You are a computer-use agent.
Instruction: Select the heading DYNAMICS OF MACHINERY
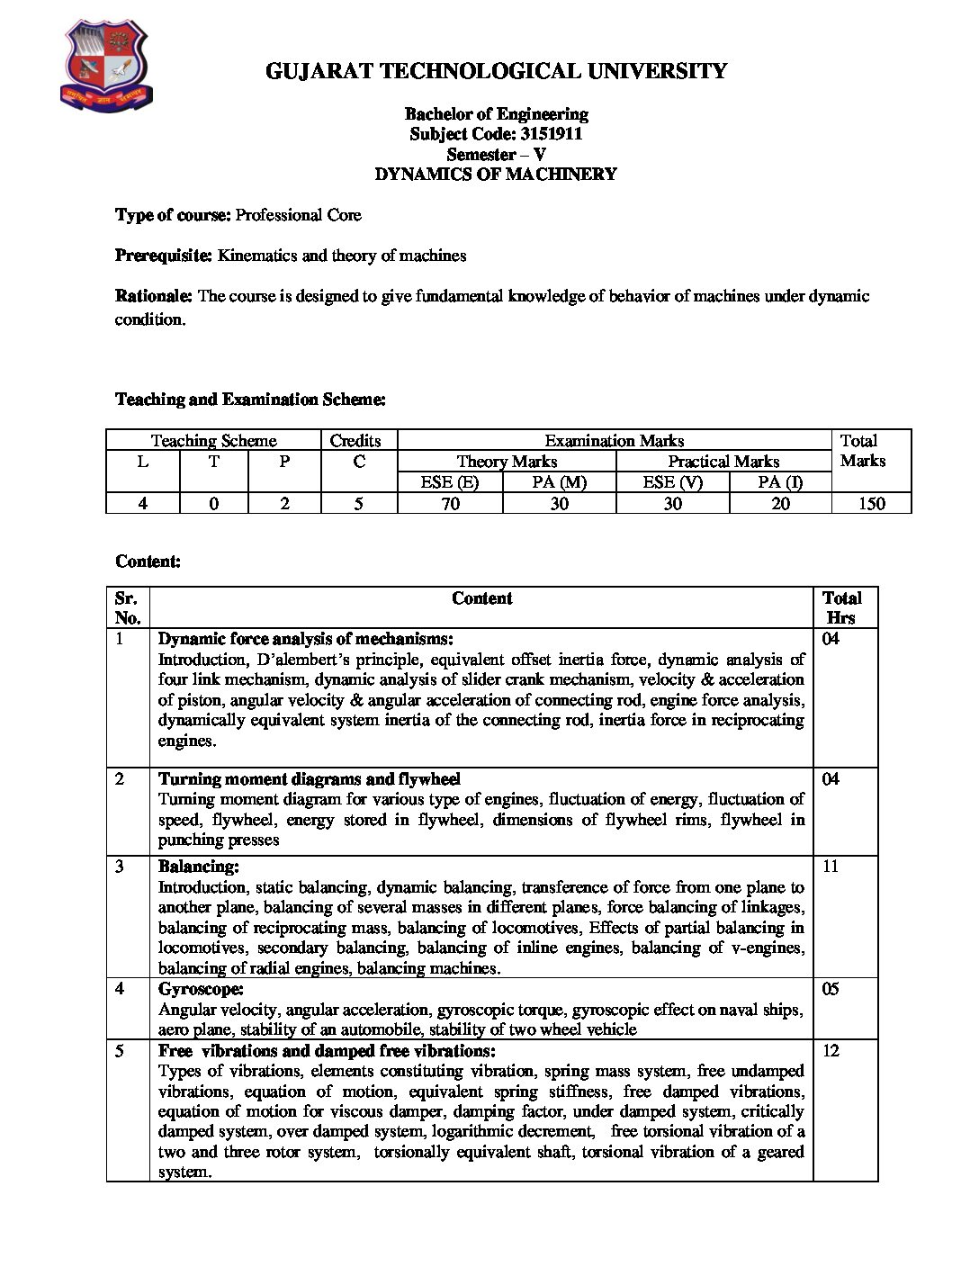pos(496,175)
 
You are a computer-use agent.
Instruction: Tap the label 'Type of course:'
pos(173,215)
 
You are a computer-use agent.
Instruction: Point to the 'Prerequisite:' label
pos(164,256)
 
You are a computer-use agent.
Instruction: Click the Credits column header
pos(355,441)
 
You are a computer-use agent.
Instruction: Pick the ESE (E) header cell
pos(450,482)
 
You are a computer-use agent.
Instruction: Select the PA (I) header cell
pos(780,482)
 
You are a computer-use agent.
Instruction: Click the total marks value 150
pos(871,504)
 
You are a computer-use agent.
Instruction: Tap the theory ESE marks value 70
pos(450,504)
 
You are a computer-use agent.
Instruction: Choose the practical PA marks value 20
pos(780,504)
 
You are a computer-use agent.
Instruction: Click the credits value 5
pos(358,504)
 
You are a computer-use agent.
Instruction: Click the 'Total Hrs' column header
pos(842,608)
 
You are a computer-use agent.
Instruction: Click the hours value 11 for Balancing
pos(831,867)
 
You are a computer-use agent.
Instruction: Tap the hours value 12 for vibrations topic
pos(831,1051)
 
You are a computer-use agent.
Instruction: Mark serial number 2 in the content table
pos(121,779)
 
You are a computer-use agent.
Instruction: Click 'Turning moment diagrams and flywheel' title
pos(310,779)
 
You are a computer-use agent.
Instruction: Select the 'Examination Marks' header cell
pos(614,441)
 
